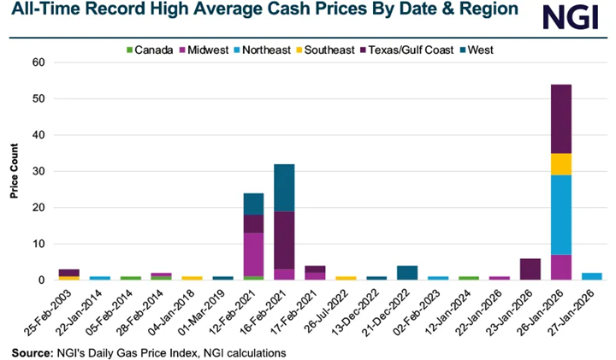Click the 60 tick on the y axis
click(38, 62)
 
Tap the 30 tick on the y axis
click(38, 171)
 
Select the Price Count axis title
click(15, 171)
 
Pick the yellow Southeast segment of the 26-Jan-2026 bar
click(560, 163)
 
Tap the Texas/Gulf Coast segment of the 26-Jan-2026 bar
click(560, 119)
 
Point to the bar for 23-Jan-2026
click(529, 269)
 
